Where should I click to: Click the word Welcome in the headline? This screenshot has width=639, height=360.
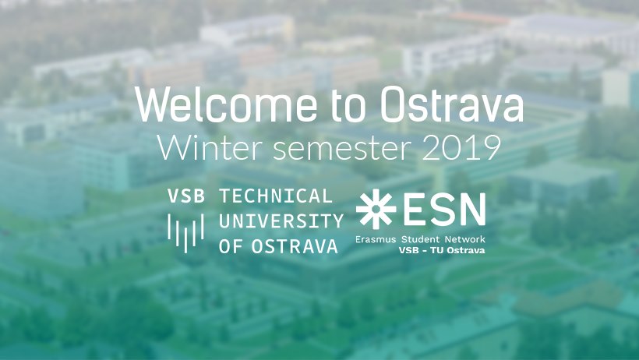click(x=226, y=104)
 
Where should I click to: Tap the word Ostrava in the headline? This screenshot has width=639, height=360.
click(x=452, y=104)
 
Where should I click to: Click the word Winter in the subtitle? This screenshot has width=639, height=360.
click(x=210, y=146)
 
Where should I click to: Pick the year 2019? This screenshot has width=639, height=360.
click(x=461, y=147)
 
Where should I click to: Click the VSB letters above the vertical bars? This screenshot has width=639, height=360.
click(x=185, y=196)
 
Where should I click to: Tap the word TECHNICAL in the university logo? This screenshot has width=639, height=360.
click(x=276, y=196)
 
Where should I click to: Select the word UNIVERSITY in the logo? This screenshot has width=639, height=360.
click(x=281, y=221)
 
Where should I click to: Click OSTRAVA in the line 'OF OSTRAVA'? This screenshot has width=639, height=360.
click(x=295, y=246)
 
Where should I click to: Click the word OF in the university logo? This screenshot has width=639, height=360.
click(x=230, y=246)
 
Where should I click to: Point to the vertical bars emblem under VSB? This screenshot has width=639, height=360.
click(x=185, y=233)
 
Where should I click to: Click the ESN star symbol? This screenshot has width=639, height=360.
click(x=376, y=209)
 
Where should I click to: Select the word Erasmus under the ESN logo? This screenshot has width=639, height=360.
click(x=377, y=239)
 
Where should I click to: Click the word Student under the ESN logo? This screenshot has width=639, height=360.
click(x=422, y=239)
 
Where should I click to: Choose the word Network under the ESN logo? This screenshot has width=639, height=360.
click(x=465, y=239)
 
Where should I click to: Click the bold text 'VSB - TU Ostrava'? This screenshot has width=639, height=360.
click(x=442, y=250)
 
